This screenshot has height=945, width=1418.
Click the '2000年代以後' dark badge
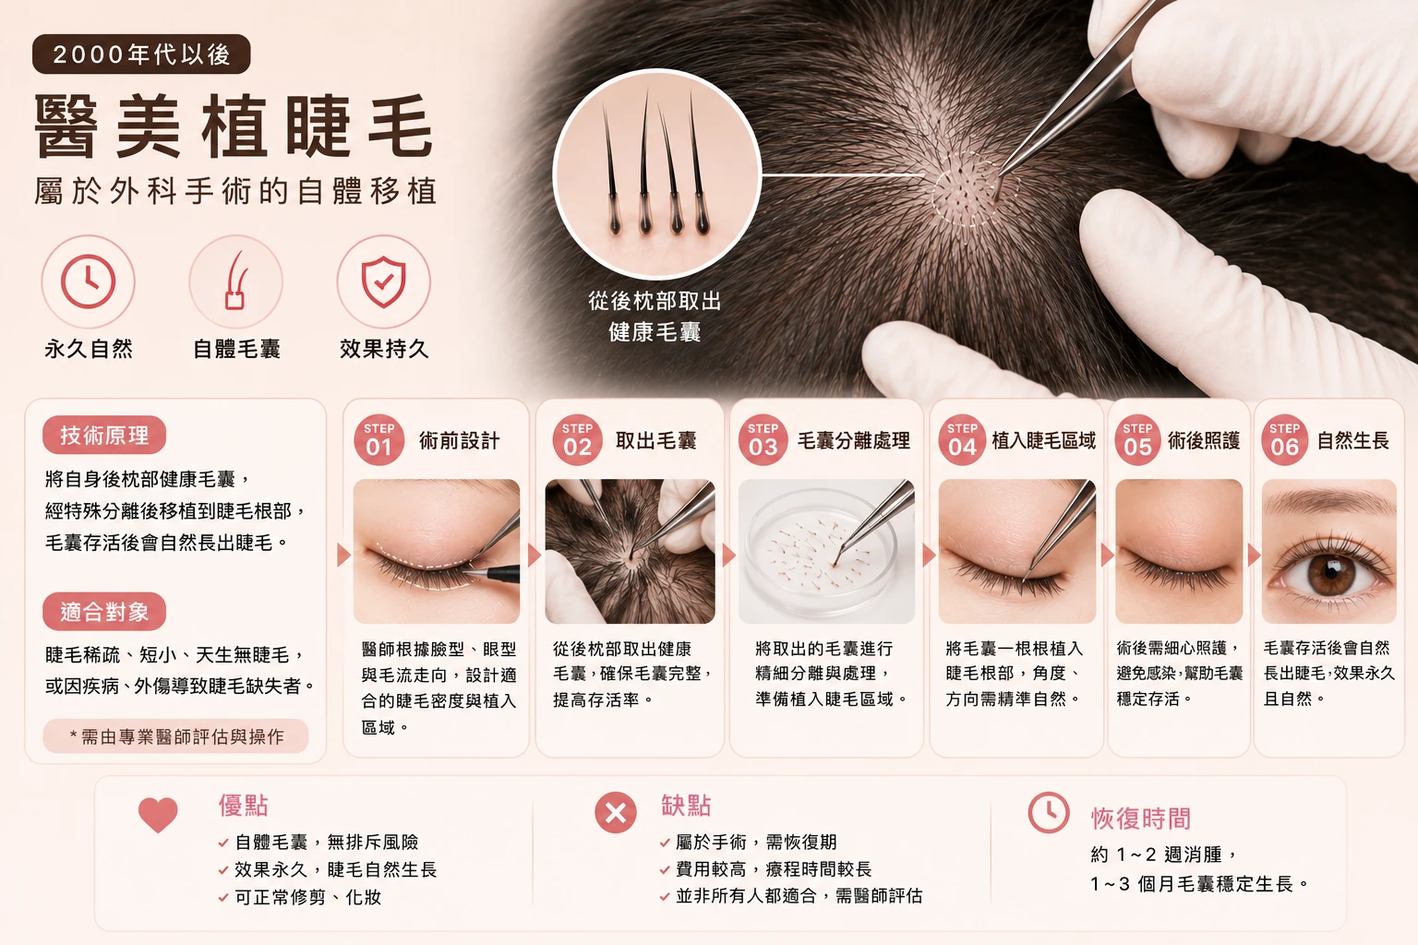141,54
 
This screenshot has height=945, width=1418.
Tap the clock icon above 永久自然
88,281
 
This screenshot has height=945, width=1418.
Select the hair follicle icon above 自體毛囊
236,281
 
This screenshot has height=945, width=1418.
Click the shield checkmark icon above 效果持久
384,281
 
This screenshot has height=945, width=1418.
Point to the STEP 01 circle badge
379,440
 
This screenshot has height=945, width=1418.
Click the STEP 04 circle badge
962,440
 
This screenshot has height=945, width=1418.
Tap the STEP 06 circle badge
1284,440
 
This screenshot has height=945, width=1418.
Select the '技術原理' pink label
104,435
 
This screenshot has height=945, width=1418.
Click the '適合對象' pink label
104,612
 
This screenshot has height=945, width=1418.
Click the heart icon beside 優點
158,815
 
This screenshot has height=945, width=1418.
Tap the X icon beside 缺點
616,813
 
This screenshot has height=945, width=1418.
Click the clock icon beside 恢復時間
1049,813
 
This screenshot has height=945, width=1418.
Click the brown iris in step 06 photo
1330,574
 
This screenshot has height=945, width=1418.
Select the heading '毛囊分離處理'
853,440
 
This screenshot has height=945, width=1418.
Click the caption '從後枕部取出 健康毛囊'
655,316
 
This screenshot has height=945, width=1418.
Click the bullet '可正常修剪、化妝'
307,897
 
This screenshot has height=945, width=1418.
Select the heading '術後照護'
1204,440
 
